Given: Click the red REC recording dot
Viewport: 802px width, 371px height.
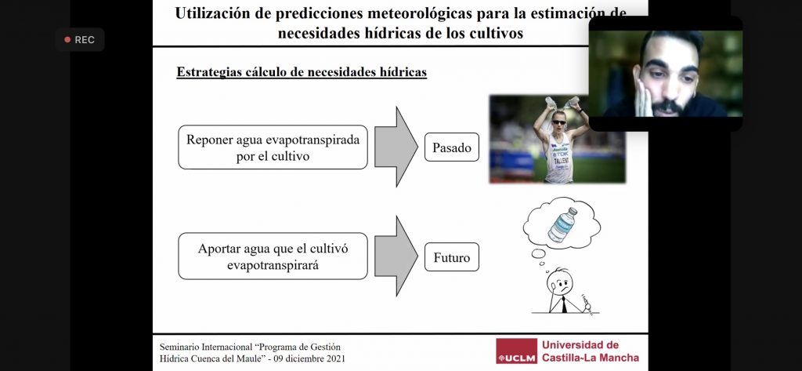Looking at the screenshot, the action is [67, 40].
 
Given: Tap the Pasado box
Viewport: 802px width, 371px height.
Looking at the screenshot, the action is [452, 147].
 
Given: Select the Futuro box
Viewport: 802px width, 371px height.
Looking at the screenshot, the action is [452, 256].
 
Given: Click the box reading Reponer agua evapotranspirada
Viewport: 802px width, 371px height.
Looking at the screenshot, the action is [273, 147].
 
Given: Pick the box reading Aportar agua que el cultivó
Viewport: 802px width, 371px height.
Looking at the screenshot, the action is [273, 256].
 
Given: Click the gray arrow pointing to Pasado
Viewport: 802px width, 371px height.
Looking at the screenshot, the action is [396, 147].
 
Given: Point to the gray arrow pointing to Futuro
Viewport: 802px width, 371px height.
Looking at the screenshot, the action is [396, 256].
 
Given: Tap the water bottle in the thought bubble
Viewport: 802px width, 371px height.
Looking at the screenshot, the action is [562, 224].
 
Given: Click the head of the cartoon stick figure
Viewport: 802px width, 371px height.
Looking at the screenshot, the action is [559, 282].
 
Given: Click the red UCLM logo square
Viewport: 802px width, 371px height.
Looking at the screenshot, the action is [517, 351].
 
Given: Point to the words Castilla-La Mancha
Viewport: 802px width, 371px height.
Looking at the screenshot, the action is [591, 357].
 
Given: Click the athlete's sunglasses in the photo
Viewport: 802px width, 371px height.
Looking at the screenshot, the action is [558, 122].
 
